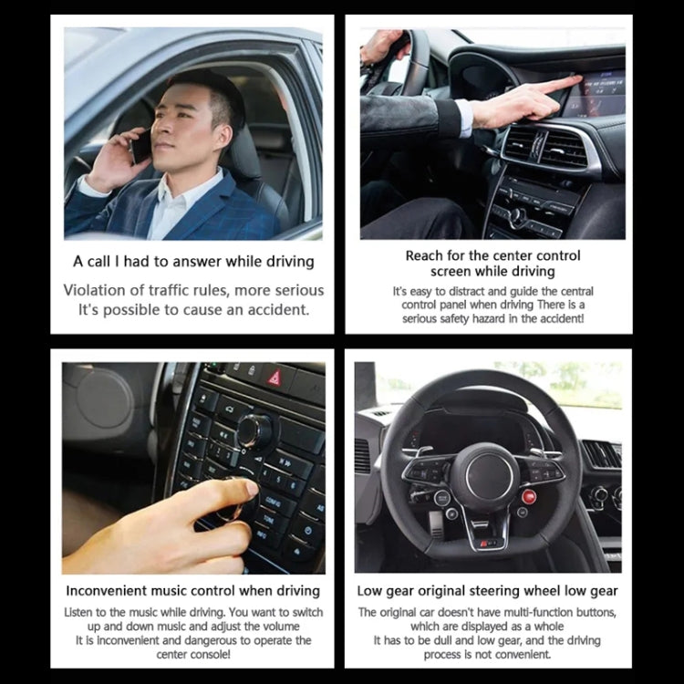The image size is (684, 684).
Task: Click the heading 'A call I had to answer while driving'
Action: pos(193,262)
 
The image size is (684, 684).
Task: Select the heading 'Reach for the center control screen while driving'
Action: pos(492,264)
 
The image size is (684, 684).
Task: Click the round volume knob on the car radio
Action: pos(254,429)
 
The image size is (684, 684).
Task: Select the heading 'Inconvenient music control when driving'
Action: pos(192,591)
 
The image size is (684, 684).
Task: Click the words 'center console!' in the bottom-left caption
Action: pos(192,654)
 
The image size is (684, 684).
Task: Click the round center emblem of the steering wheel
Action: pos(485,476)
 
